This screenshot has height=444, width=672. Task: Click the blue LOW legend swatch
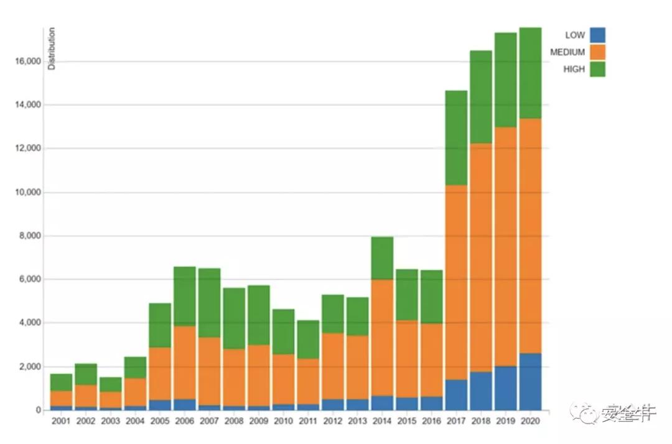coord(597,35)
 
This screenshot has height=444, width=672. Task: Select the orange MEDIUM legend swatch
coord(597,52)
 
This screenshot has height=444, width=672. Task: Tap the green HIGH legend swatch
coord(597,69)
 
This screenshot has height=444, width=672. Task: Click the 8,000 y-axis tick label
coord(27,236)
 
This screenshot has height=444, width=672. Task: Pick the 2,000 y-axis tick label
coord(27,367)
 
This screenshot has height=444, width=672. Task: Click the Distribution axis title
coord(52,49)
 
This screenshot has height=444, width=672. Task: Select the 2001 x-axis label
coord(61,421)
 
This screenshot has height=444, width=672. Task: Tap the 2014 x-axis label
coord(382,421)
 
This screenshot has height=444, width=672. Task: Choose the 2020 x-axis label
coord(530,421)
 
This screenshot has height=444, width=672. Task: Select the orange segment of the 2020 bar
coord(530,236)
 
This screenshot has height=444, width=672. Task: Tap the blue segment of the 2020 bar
coord(530,382)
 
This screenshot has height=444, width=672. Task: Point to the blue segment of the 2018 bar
coord(481,391)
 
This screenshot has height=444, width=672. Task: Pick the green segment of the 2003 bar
coord(110,384)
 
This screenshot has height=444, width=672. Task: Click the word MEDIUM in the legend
coord(567,52)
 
